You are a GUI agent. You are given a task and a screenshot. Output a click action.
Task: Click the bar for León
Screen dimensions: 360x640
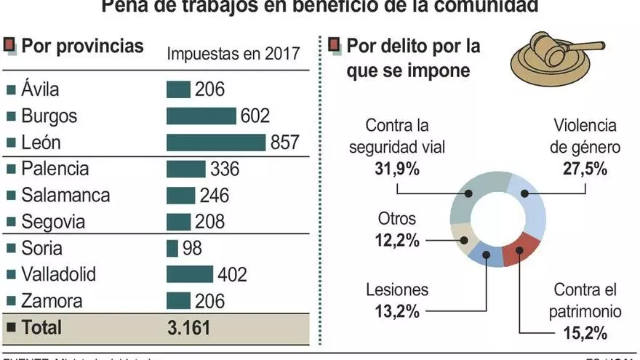pyautogui.click(x=216, y=143)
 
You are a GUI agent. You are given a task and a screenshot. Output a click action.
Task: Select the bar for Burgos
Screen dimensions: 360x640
pyautogui.click(x=201, y=116)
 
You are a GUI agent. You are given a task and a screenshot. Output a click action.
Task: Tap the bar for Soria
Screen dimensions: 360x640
pyautogui.click(x=172, y=248)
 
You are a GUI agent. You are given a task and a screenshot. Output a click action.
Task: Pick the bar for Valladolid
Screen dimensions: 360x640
pyautogui.click(x=190, y=274)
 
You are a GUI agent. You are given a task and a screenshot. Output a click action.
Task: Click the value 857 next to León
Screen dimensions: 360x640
pyautogui.click(x=285, y=143)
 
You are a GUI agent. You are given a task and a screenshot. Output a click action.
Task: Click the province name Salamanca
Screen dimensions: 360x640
pyautogui.click(x=65, y=196)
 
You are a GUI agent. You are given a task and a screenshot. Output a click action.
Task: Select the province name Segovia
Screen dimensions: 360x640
pyautogui.click(x=53, y=222)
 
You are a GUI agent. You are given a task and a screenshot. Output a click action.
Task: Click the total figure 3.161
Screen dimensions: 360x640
pyautogui.click(x=188, y=327)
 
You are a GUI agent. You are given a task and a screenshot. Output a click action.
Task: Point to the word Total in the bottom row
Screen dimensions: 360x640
pyautogui.click(x=41, y=327)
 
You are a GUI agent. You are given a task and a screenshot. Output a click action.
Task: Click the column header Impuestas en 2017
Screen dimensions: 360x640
pyautogui.click(x=233, y=54)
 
